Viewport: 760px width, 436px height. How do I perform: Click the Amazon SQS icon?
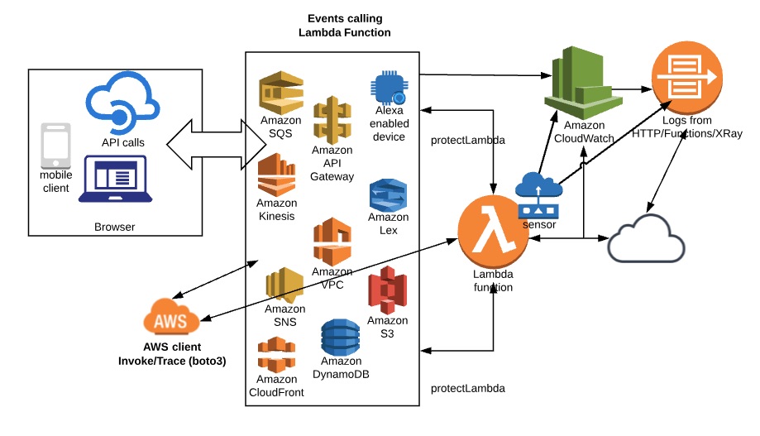click(281, 93)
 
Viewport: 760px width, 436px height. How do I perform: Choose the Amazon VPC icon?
click(332, 240)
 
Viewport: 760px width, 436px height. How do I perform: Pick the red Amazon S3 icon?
click(387, 290)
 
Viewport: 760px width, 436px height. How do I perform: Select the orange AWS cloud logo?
click(171, 318)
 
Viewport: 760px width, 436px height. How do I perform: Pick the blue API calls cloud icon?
click(122, 105)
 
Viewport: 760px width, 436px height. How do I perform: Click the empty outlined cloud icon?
click(648, 239)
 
